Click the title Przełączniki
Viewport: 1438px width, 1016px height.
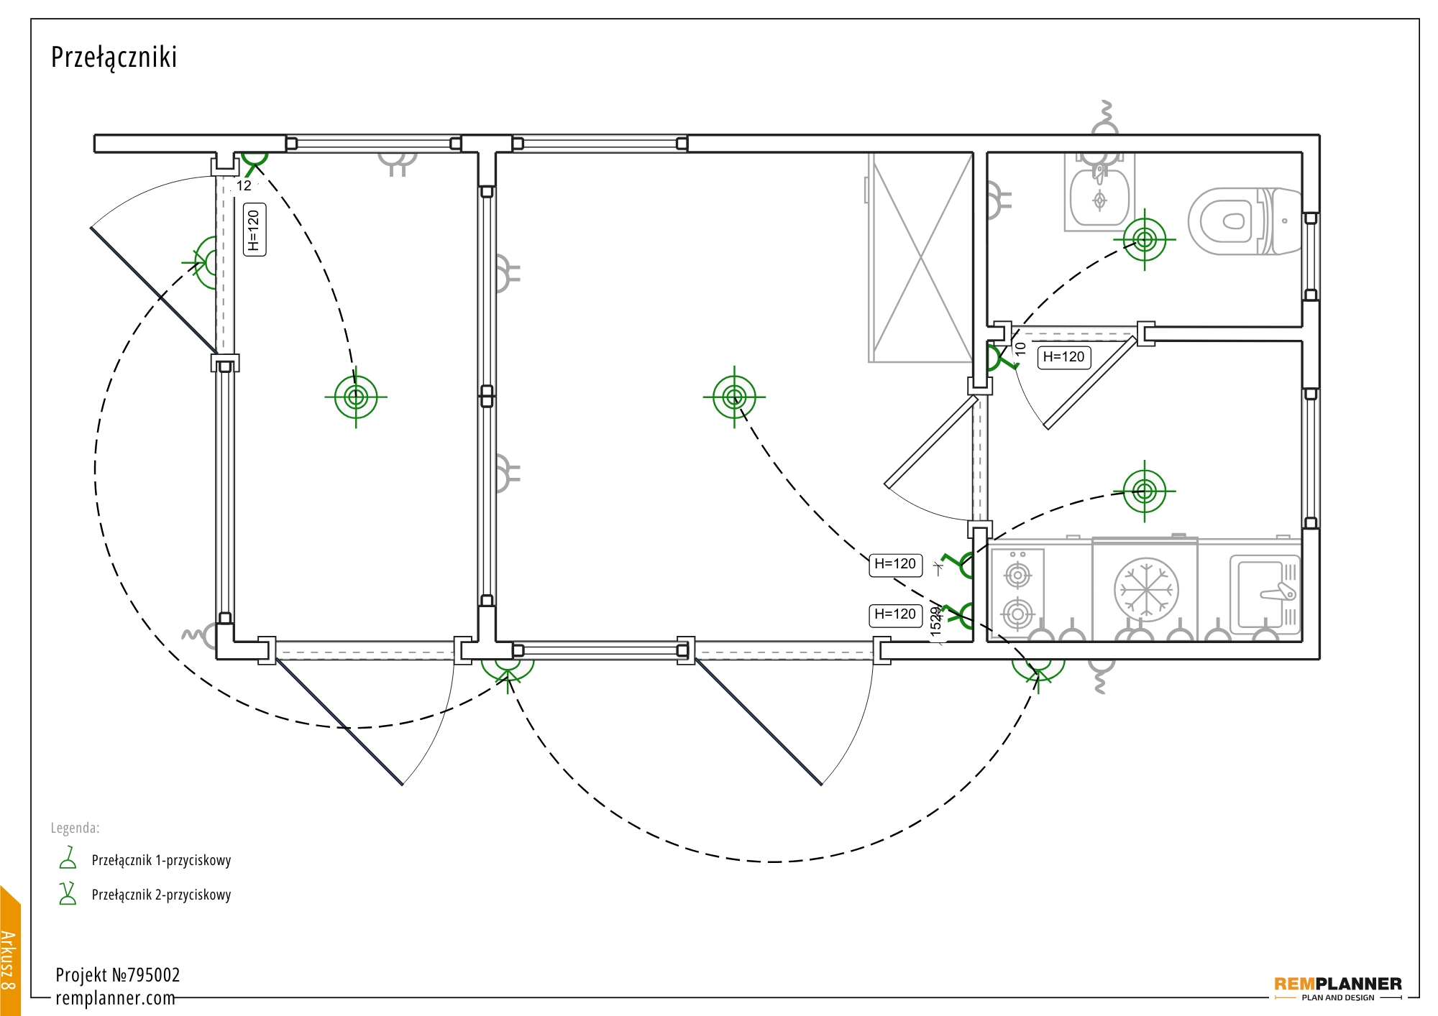click(x=114, y=57)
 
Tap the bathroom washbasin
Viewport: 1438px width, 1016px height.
click(x=1099, y=198)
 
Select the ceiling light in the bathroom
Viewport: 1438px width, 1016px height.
click(x=1144, y=239)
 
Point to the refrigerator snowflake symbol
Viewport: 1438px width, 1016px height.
click(x=1146, y=590)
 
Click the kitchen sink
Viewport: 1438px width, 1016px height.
click(x=1265, y=594)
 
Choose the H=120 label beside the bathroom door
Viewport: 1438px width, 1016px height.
click(x=1063, y=357)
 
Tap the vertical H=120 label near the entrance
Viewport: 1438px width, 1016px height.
click(x=254, y=230)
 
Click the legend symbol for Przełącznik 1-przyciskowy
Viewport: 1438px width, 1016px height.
click(x=68, y=859)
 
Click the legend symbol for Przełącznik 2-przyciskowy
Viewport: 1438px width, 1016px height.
click(x=68, y=894)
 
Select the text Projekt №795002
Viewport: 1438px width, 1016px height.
click(x=118, y=975)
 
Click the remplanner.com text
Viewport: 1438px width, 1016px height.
click(x=115, y=998)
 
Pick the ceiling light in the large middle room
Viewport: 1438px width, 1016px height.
click(x=734, y=397)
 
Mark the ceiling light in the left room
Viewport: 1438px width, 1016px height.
click(x=356, y=397)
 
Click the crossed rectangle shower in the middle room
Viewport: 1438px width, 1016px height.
click(x=920, y=257)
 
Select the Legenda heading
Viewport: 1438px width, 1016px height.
click(x=75, y=828)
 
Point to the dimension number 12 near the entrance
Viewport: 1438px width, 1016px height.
click(x=244, y=186)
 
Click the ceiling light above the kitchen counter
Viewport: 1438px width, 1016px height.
click(x=1144, y=491)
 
